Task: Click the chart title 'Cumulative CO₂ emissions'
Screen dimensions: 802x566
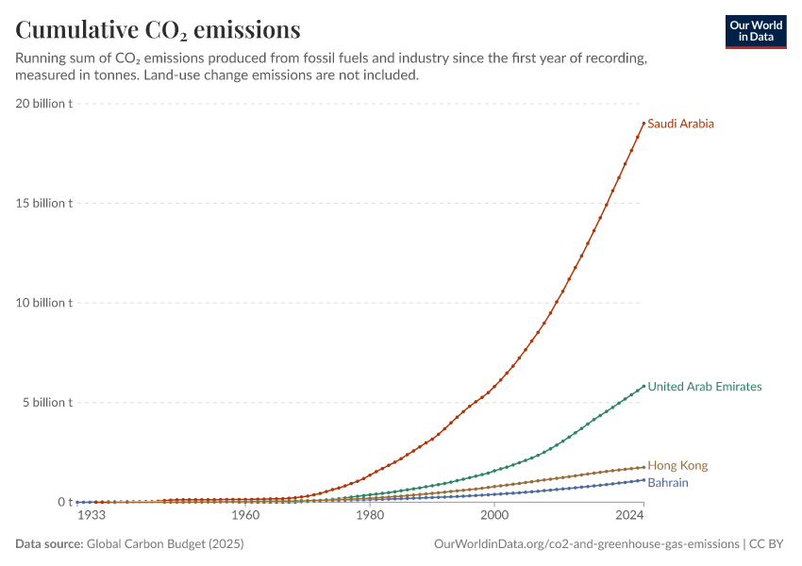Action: [x=158, y=29]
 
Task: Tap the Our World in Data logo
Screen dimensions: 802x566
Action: [x=756, y=32]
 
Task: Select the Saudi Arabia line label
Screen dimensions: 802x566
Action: [x=680, y=124]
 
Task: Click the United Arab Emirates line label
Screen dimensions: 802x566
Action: [x=704, y=387]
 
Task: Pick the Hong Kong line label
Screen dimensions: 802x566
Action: [x=677, y=465]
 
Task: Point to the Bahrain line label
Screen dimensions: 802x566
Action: [x=668, y=483]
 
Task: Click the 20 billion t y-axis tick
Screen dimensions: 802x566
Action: [x=44, y=103]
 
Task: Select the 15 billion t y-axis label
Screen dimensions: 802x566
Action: [x=44, y=203]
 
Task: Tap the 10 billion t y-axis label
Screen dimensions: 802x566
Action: [x=44, y=303]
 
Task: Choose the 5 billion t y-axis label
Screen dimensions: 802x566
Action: [x=47, y=403]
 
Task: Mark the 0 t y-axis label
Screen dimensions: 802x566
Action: [x=65, y=502]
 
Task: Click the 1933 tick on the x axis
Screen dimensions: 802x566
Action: [x=92, y=515]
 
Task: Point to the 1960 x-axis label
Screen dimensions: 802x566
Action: [x=245, y=515]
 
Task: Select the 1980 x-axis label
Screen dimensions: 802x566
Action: [x=370, y=515]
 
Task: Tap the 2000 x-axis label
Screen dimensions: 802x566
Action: [x=494, y=515]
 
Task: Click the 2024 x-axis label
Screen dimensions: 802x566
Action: [x=629, y=515]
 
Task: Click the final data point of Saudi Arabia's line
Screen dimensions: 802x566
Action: [x=643, y=124]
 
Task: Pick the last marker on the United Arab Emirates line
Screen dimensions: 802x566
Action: [x=643, y=386]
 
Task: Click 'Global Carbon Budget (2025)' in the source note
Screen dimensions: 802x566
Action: [x=165, y=543]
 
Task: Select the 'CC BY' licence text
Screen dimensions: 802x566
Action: [x=766, y=543]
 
